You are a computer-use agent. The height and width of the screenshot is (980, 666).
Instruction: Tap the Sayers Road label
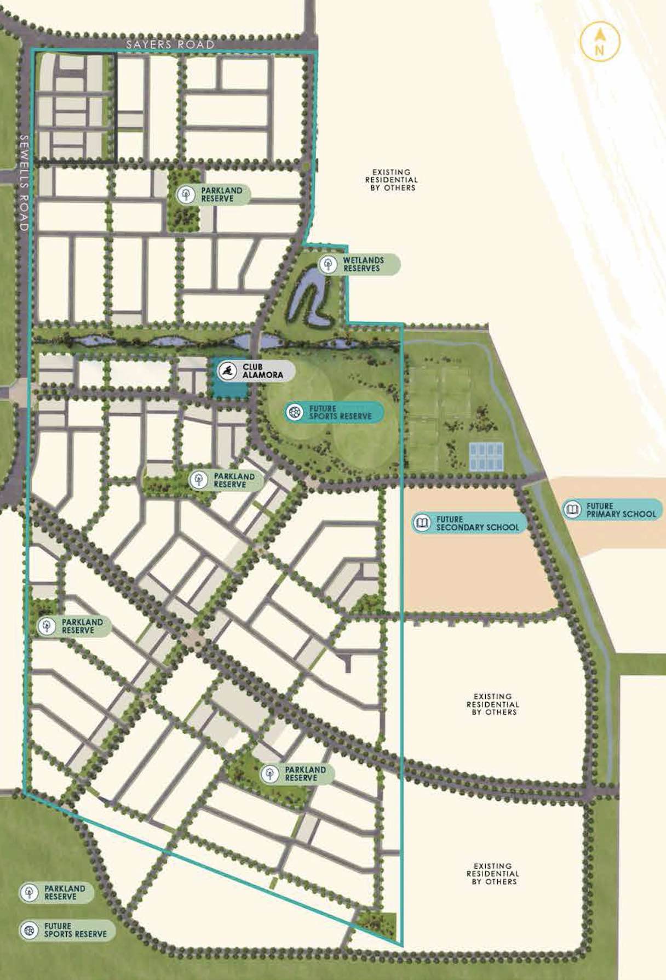pos(170,44)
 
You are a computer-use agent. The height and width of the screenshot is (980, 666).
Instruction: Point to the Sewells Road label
pos(24,183)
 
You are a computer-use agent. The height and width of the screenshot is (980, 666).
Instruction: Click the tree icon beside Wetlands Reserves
pos(329,264)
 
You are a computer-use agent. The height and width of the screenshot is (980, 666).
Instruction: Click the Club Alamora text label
pos(263,371)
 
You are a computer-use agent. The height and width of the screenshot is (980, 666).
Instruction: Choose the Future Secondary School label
pos(477,523)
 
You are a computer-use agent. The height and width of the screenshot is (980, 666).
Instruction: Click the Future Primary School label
pos(621,510)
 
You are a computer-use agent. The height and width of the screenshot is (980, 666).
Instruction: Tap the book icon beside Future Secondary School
pos(422,523)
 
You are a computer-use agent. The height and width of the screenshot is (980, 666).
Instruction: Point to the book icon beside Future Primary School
pos(572,510)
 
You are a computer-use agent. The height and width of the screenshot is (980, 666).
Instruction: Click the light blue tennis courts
pos(486,456)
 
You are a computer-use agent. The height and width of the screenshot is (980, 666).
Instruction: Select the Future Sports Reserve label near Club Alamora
pos(340,413)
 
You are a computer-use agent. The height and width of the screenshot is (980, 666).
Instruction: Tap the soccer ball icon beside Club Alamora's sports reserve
pos(295,413)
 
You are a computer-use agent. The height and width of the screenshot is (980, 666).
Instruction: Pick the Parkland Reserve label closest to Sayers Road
pos(221,195)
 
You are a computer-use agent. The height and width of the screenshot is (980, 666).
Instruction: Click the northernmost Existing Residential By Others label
pos(391,180)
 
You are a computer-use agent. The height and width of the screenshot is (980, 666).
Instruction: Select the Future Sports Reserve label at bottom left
pos(75,930)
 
